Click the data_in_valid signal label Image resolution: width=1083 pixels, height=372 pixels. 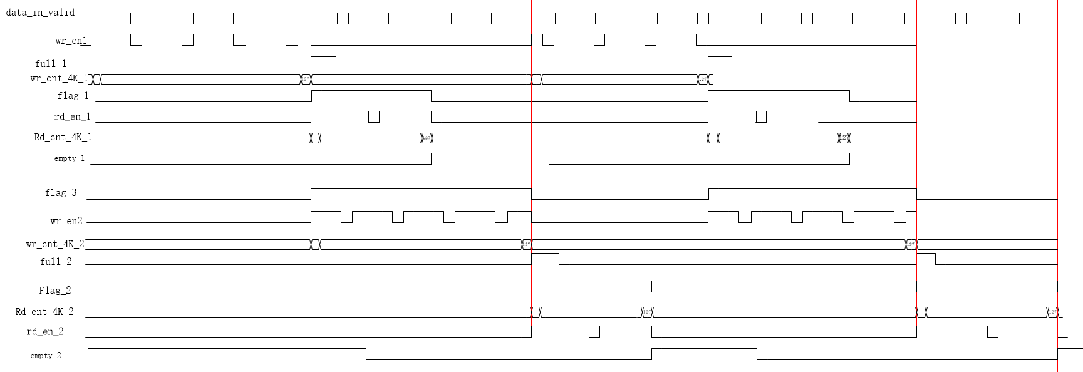tap(40, 13)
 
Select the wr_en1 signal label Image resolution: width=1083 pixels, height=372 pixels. tap(71, 41)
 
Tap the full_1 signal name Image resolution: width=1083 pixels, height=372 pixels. tap(51, 64)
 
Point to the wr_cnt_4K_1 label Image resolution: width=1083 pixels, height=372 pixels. tap(60, 78)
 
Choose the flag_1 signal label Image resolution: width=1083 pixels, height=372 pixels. tap(73, 96)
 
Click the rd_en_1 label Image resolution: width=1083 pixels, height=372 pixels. tap(73, 117)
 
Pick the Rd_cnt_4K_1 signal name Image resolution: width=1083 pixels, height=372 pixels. tap(63, 137)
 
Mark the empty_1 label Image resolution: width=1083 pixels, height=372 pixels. tap(70, 158)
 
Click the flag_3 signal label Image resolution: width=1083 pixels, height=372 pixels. tap(61, 193)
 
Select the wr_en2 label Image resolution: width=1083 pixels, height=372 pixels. tap(66, 221)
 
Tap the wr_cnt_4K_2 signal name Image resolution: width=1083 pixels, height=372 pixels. tap(55, 244)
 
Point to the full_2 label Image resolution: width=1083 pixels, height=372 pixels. tap(56, 262)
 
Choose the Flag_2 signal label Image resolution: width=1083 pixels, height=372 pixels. tap(55, 291)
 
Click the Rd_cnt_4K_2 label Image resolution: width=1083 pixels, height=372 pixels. tap(44, 312)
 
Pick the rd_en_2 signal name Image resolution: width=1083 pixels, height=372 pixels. tap(45, 332)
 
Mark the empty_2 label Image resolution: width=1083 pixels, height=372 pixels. tap(46, 356)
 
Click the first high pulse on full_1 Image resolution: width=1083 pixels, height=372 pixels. tap(323, 61)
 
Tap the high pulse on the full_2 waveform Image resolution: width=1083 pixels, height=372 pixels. tap(545, 258)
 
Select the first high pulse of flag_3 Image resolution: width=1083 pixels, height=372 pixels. tap(420, 193)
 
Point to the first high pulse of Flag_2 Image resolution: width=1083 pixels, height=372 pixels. tap(591, 286)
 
